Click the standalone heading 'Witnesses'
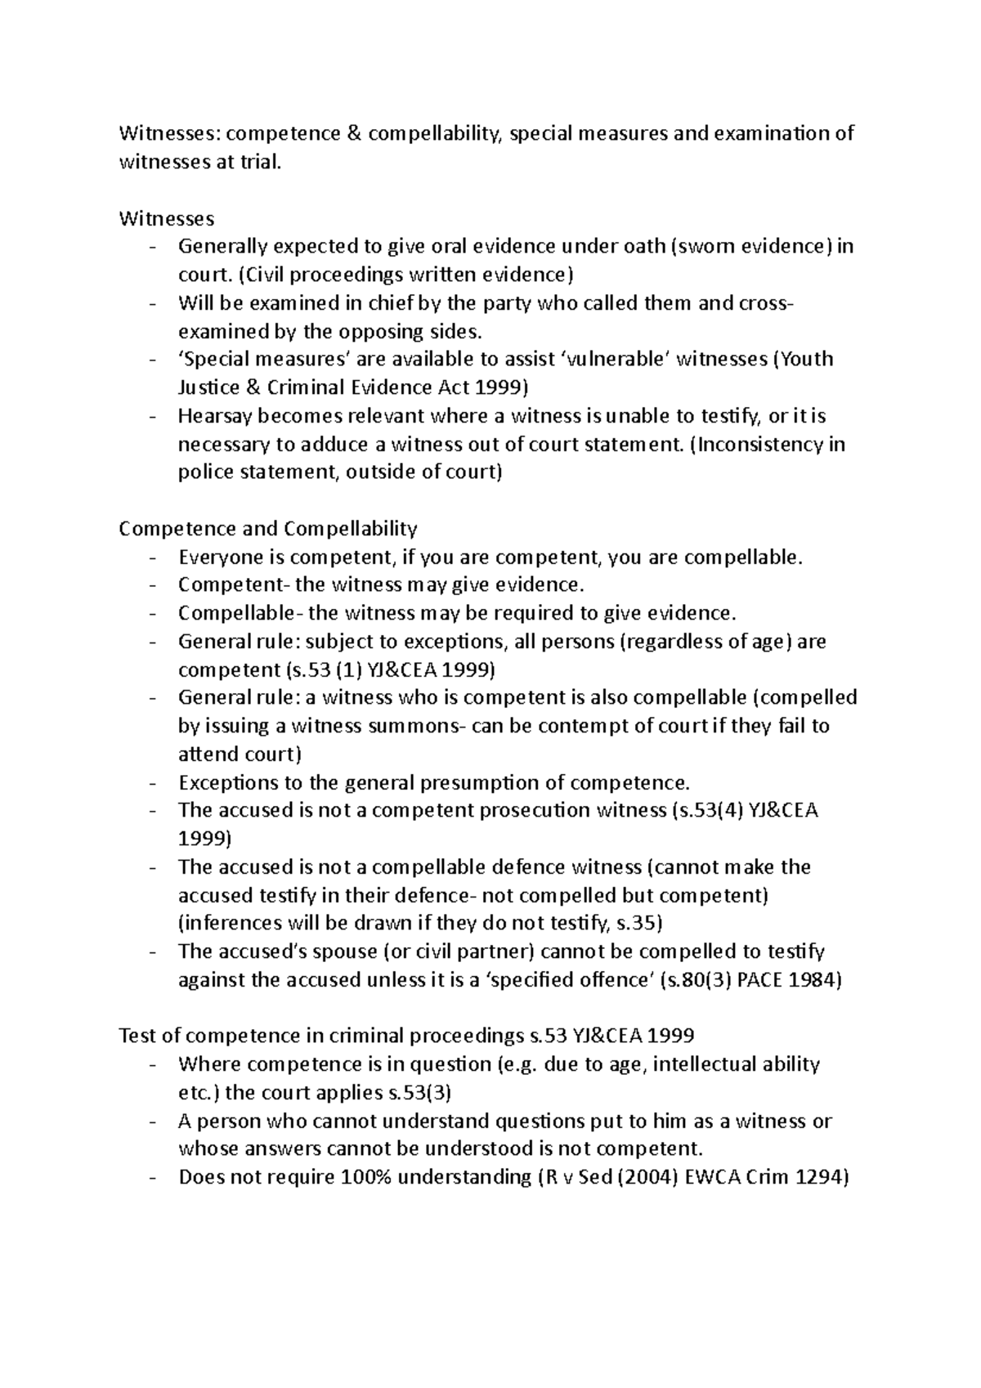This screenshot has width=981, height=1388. click(x=167, y=218)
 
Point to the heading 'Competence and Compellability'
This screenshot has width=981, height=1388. click(x=268, y=528)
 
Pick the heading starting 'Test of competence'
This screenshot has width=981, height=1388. click(x=406, y=1036)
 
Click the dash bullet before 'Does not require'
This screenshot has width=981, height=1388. click(x=154, y=1178)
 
